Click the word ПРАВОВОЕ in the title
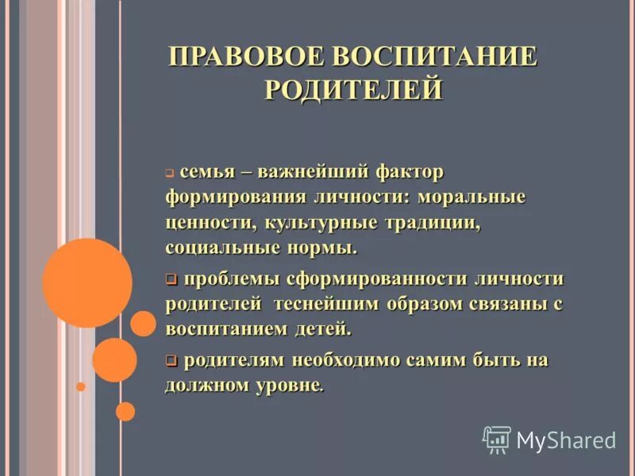click(247, 57)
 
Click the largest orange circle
click(87, 283)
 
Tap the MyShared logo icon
click(497, 439)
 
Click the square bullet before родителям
click(171, 360)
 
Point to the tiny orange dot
click(80, 386)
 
